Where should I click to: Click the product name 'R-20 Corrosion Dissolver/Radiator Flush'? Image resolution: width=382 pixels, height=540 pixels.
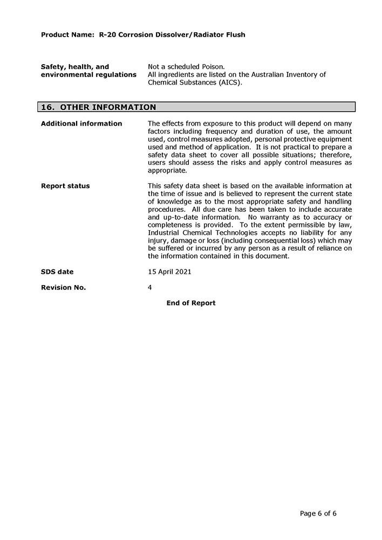(x=172, y=34)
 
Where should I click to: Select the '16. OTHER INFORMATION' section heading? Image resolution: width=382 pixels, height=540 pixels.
(x=99, y=107)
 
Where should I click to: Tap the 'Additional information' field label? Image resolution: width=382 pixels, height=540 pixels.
(x=81, y=123)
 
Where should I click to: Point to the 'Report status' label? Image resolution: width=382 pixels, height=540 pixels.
(x=65, y=186)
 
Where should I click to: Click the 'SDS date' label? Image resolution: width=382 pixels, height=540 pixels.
(x=57, y=272)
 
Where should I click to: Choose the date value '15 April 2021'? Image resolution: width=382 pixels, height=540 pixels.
(x=169, y=272)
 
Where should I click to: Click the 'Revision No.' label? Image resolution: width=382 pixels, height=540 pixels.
(x=63, y=287)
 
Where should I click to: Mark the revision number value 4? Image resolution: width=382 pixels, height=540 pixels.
(x=149, y=287)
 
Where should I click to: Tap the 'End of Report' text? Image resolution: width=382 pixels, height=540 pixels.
(x=191, y=303)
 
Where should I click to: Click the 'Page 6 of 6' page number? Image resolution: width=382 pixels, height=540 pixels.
(x=318, y=513)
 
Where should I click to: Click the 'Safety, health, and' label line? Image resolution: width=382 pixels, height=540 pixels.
(x=75, y=67)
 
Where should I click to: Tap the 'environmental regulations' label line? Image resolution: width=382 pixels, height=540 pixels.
(x=88, y=74)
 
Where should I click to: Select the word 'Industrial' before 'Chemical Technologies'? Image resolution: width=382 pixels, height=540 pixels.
(x=165, y=233)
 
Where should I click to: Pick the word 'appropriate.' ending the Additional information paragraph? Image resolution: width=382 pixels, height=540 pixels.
(x=167, y=170)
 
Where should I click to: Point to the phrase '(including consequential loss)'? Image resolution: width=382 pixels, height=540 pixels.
(x=265, y=240)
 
